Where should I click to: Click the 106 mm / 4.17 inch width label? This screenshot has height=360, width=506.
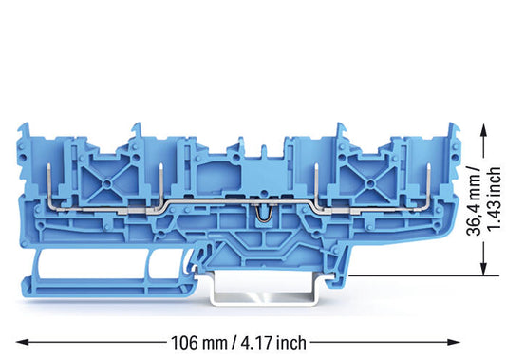pyautogui.click(x=238, y=342)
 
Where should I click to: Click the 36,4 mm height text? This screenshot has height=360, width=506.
pyautogui.click(x=474, y=201)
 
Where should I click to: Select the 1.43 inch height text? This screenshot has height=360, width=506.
pyautogui.click(x=494, y=199)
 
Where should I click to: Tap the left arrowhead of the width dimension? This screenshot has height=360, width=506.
pyautogui.click(x=23, y=342)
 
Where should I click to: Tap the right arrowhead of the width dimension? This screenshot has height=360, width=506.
pyautogui.click(x=453, y=342)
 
